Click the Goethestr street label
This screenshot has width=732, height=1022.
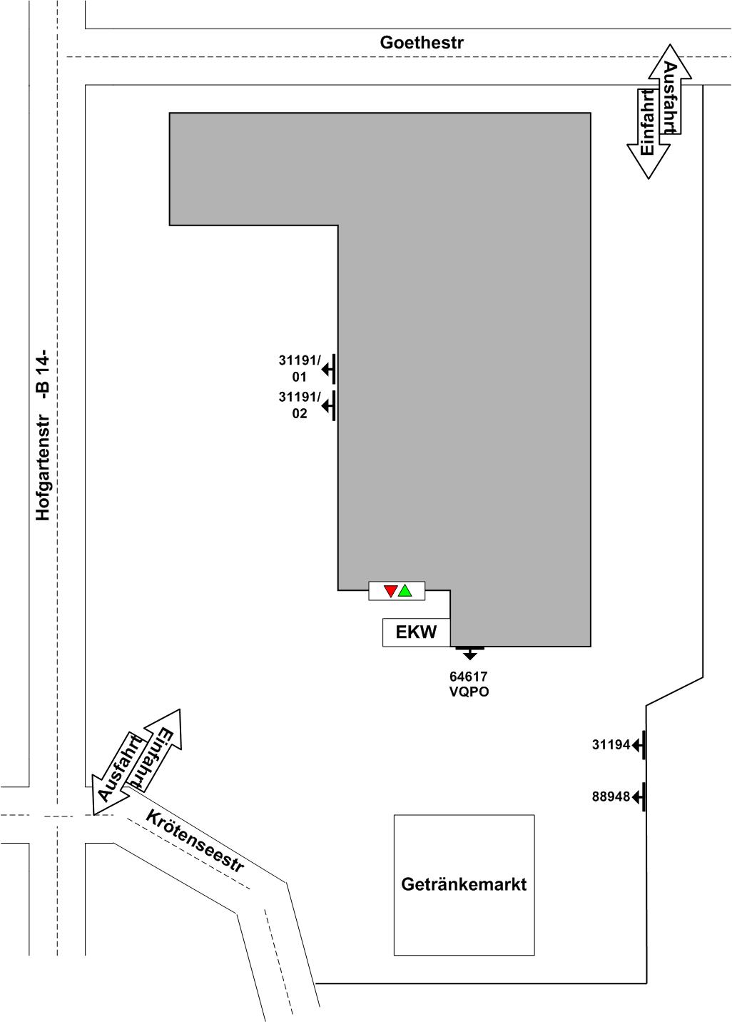coord(422,42)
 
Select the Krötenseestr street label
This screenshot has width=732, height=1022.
coord(195,841)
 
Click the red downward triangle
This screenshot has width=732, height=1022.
coord(390,591)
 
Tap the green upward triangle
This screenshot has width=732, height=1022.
coord(405,590)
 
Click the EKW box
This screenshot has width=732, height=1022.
coord(416,632)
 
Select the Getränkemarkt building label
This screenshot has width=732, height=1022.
coord(464,884)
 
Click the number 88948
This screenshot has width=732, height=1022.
coord(611,796)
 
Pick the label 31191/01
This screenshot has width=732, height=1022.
coord(300,369)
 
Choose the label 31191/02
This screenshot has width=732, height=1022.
coord(300,405)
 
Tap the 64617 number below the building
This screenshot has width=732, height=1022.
coord(469,676)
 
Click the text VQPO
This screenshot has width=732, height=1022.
coord(469,692)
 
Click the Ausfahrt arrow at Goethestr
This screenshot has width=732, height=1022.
coord(670,89)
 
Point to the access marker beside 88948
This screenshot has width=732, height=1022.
coord(639,796)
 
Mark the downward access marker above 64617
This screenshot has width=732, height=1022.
coord(469,653)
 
